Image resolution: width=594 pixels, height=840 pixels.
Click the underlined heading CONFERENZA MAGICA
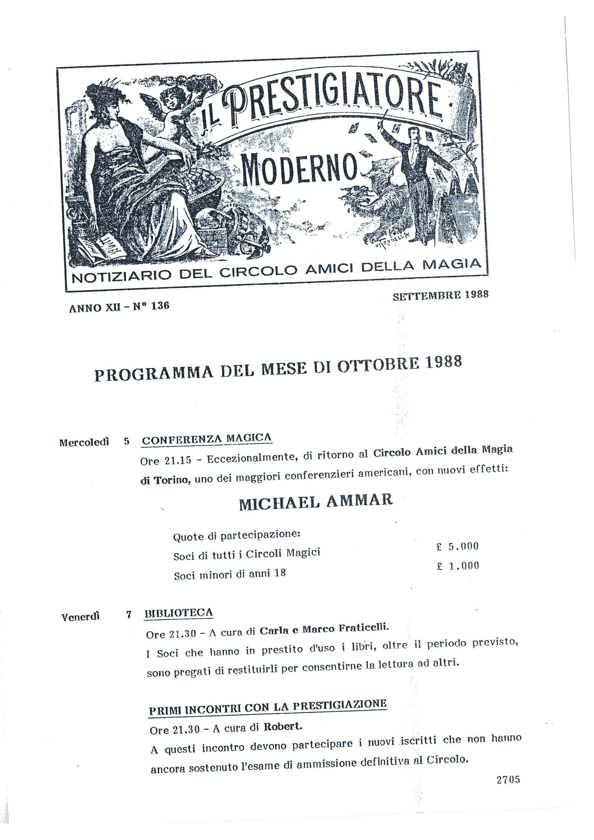pos(207,439)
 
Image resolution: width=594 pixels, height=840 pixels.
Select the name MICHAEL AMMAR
pos(316,502)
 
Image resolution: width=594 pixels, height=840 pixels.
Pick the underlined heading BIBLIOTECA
pos(179,613)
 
